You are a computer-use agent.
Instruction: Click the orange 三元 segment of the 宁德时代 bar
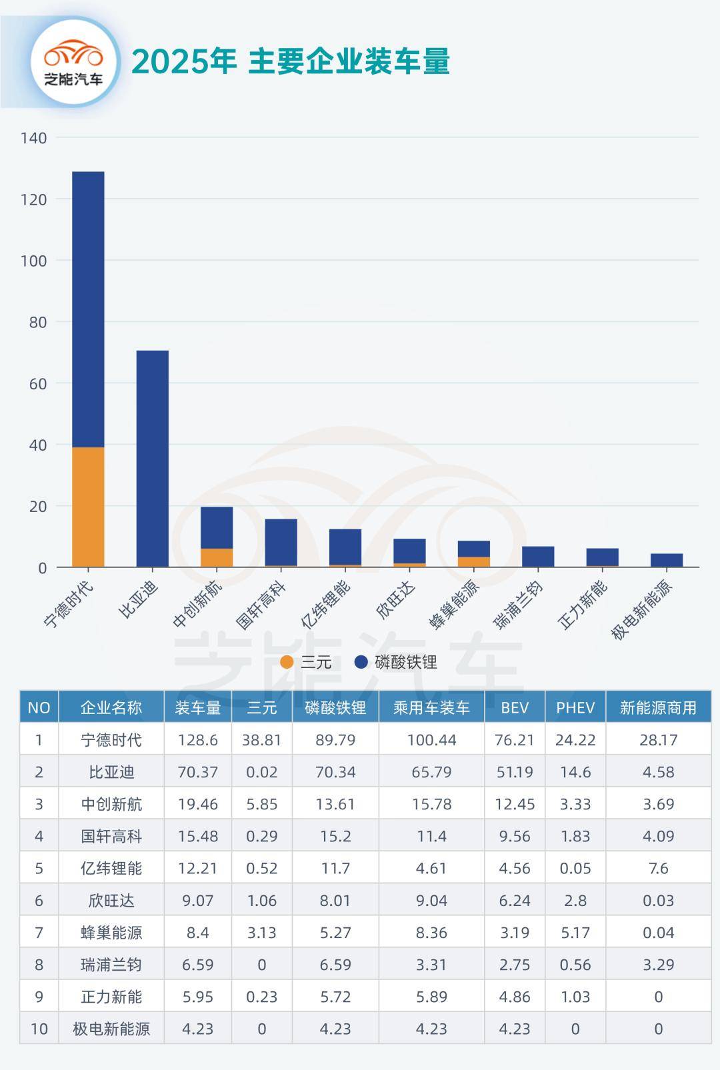[88, 507]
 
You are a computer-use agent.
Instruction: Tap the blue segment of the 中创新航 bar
[217, 527]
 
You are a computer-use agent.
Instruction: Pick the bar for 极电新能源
[667, 560]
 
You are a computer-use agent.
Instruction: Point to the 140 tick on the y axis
[33, 138]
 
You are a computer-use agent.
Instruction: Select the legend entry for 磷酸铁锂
[396, 662]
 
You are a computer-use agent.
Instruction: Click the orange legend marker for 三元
[287, 662]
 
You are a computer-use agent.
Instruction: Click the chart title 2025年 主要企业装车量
[291, 61]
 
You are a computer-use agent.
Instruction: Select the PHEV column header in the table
[575, 707]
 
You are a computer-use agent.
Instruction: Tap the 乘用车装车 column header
[431, 707]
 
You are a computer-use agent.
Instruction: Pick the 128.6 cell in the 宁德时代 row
[197, 740]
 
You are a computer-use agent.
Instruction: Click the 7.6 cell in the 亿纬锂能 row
[658, 868]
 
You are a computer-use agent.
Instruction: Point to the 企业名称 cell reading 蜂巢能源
[111, 933]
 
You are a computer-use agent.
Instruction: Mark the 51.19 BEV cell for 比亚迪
[515, 772]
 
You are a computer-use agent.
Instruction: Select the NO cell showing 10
[39, 1029]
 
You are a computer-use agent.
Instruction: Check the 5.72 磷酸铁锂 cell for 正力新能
[335, 997]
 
